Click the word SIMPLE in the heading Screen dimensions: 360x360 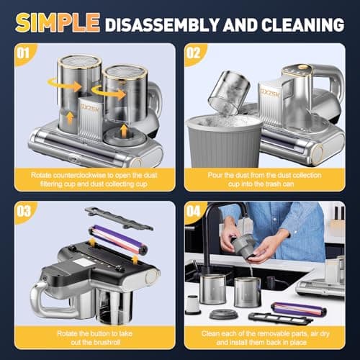pos(57,23)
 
